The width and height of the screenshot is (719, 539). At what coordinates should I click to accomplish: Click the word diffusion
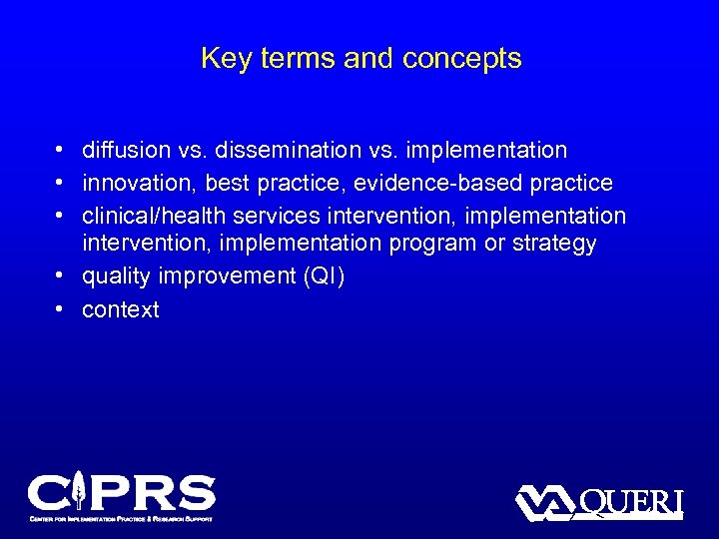(x=121, y=151)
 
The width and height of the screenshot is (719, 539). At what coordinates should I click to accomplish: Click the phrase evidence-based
(x=457, y=184)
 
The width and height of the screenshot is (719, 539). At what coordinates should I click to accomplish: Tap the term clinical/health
(x=149, y=217)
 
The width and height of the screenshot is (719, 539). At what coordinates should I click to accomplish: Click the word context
(x=121, y=310)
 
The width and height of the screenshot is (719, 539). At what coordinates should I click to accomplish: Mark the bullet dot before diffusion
(x=61, y=151)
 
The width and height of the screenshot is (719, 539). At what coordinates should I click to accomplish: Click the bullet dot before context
(x=61, y=309)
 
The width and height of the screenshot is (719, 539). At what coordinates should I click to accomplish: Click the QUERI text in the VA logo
(x=630, y=502)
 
